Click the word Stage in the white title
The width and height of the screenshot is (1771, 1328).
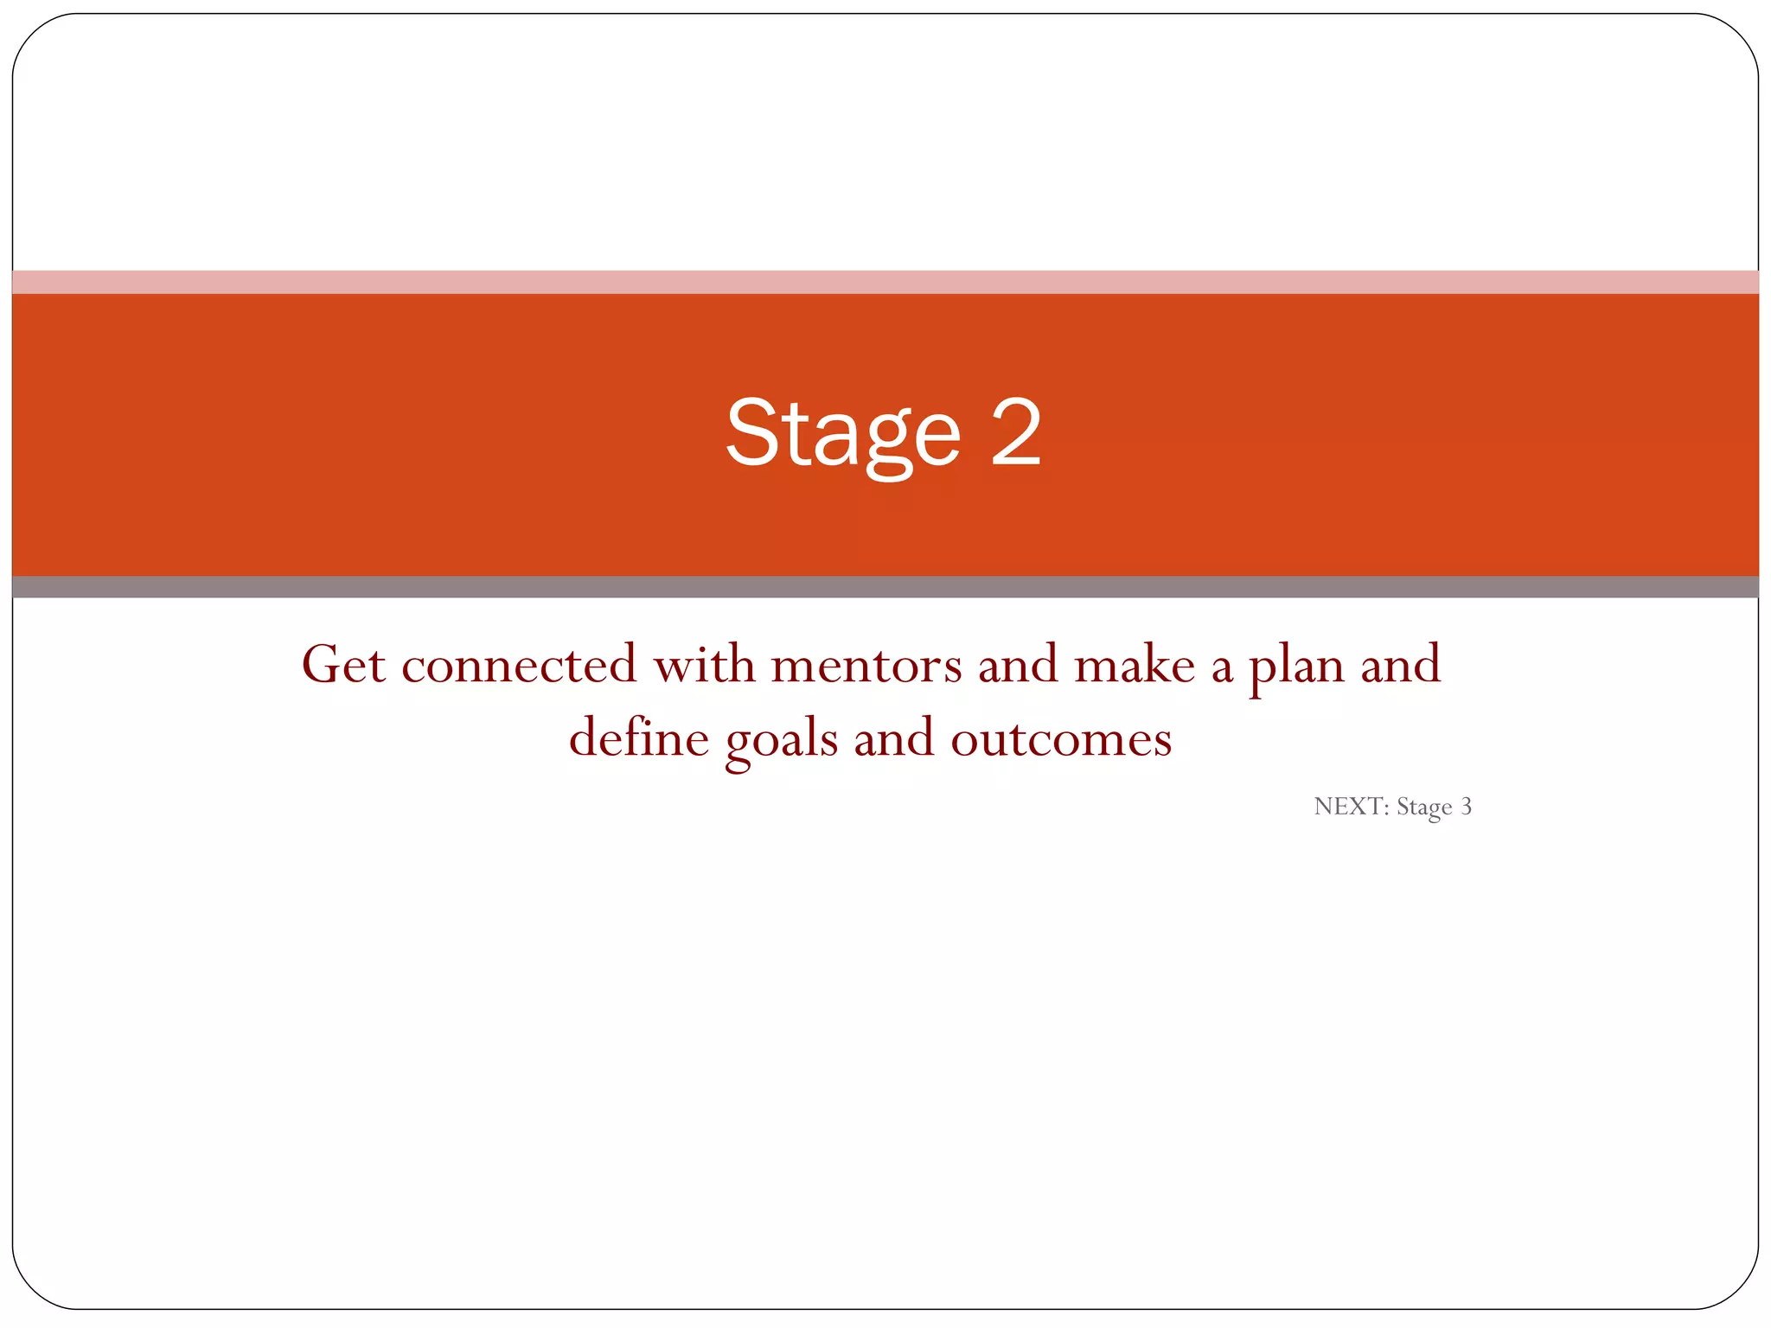[843, 434]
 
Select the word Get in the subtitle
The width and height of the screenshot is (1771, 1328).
[342, 665]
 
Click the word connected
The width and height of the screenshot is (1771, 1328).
[518, 665]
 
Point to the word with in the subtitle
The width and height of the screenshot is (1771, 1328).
[703, 665]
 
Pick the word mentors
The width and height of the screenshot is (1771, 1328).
[866, 665]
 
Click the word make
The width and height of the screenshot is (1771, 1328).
[1134, 665]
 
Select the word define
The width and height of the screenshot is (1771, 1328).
[638, 738]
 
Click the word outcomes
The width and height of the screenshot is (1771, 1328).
[1061, 740]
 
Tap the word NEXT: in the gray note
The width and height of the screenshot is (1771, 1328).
[1351, 807]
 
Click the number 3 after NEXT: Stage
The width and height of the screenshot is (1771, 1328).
[1466, 807]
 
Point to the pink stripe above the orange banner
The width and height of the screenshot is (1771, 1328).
[885, 282]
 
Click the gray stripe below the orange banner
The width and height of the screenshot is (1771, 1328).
[885, 587]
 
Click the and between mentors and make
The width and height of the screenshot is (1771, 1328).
[1018, 665]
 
